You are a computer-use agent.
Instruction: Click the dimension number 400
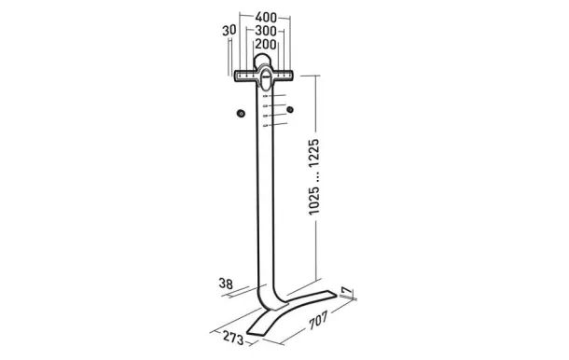(265, 18)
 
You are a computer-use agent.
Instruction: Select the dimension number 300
(265, 31)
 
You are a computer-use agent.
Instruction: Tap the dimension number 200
(265, 44)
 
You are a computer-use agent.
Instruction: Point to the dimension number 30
(229, 31)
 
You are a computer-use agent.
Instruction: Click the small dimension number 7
(347, 293)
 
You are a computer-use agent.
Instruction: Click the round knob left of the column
(241, 113)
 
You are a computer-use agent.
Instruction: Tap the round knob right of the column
(290, 112)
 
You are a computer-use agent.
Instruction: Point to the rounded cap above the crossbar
(265, 60)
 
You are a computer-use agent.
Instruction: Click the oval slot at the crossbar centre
(265, 76)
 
